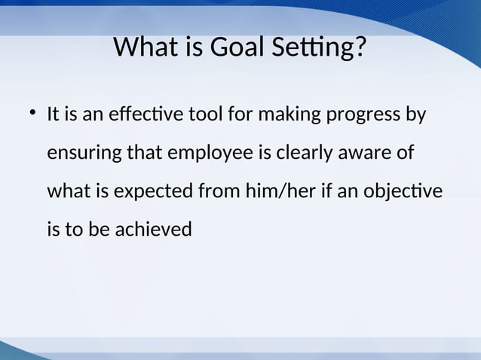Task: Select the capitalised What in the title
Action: point(143,47)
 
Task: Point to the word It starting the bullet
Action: point(54,116)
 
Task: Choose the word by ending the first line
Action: point(416,116)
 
